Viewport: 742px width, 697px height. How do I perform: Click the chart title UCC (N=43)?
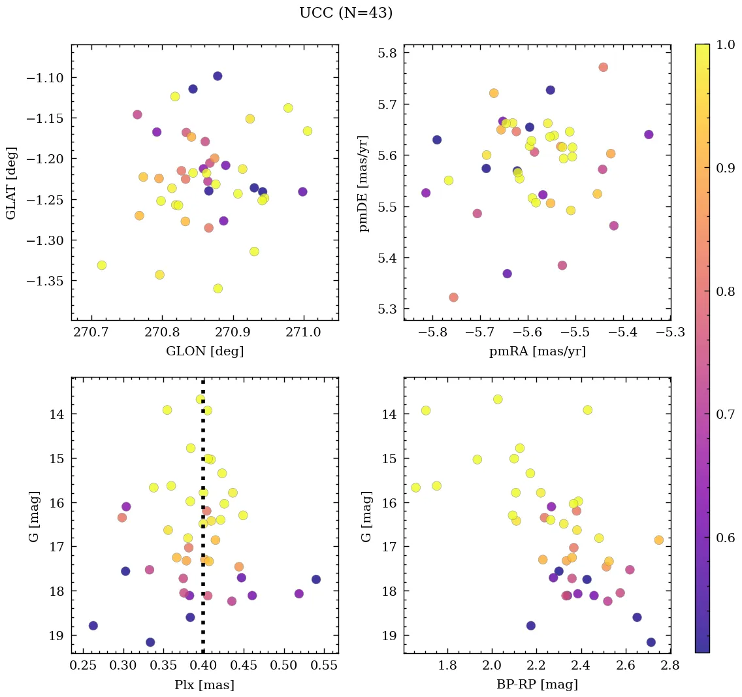pos(346,13)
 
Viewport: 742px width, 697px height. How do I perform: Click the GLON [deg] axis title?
pos(204,351)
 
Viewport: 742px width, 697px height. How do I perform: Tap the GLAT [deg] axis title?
pos(11,182)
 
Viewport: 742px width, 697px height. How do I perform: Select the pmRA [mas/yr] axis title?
pos(537,351)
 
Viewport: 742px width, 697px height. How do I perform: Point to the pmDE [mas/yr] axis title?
pos(364,183)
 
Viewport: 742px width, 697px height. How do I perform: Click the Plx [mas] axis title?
pos(204,685)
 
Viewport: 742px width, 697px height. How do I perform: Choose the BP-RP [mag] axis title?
pos(537,685)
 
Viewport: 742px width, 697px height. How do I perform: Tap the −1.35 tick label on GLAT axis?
pos(47,281)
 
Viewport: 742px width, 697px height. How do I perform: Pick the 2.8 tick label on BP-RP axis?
pos(670,666)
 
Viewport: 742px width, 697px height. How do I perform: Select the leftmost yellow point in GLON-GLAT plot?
pos(102,265)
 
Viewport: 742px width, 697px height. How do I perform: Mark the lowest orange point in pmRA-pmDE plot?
pos(453,297)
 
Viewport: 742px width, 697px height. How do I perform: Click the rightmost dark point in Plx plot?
pos(316,579)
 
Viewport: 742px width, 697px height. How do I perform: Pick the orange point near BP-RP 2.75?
pos(658,540)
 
